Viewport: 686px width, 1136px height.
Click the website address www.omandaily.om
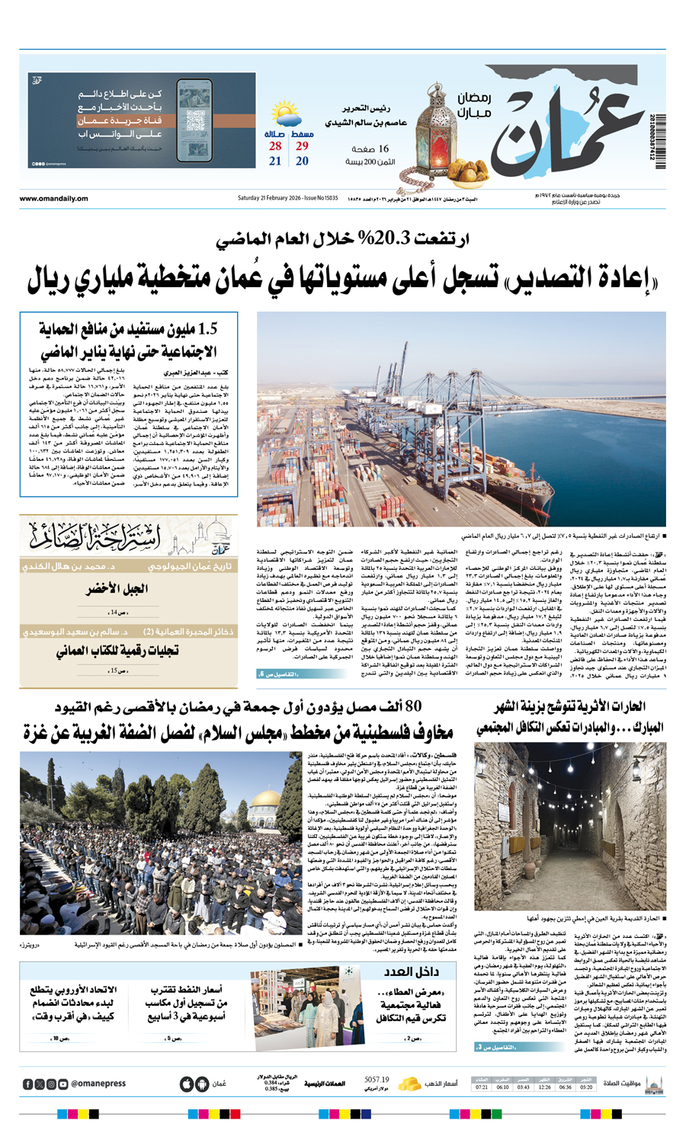click(53, 199)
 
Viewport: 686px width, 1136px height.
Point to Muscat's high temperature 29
click(302, 146)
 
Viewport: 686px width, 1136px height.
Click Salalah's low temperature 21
click(275, 161)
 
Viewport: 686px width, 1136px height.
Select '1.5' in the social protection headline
click(207, 329)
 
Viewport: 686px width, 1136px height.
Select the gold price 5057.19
click(377, 1080)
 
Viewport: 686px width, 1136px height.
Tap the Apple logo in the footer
click(187, 1084)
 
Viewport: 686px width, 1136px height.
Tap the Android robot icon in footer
click(201, 1084)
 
